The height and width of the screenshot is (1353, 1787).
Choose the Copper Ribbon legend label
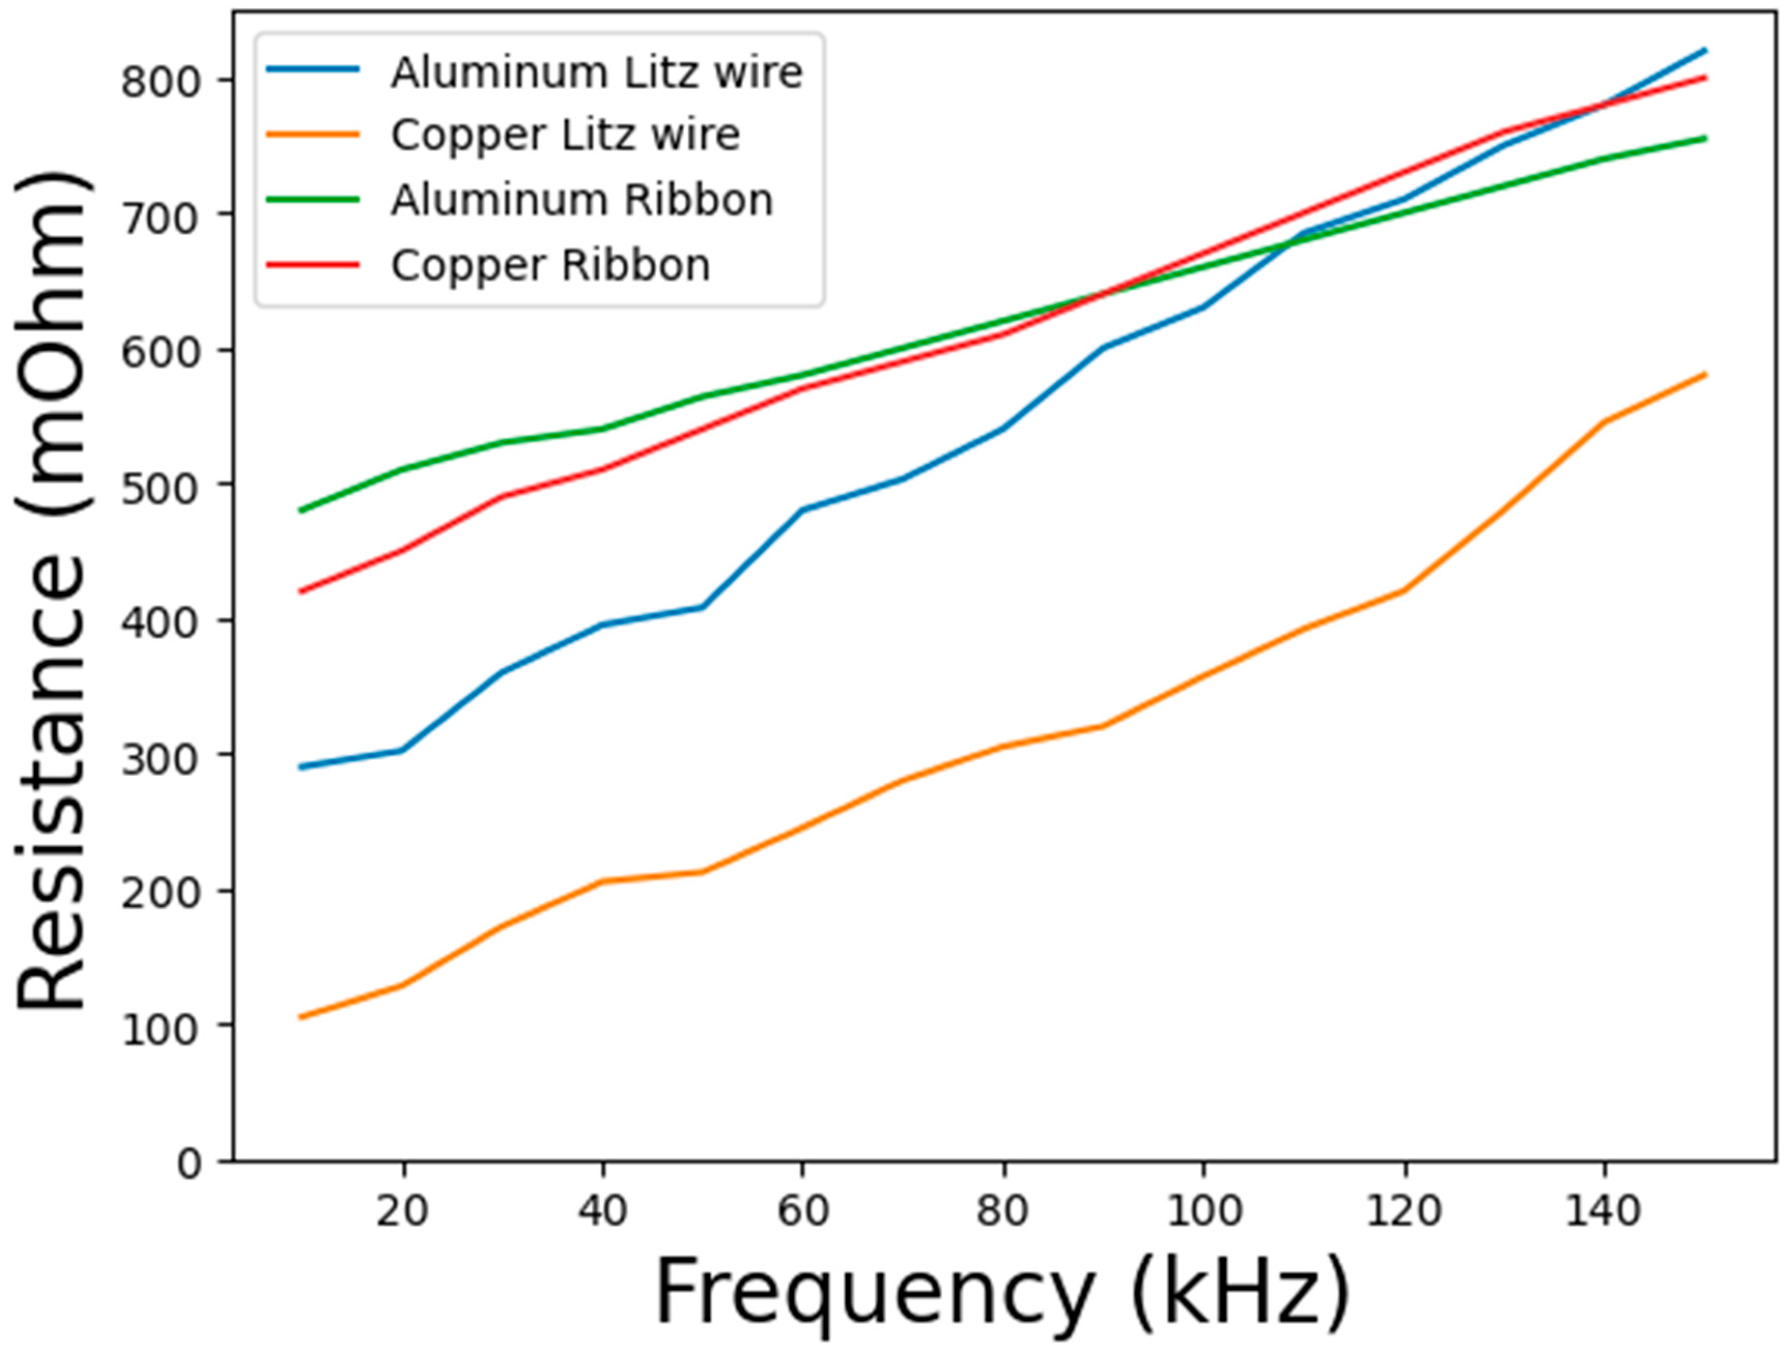[x=550, y=265]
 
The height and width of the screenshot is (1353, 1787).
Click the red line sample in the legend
[x=314, y=265]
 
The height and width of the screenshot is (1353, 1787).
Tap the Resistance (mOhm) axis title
[x=52, y=590]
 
